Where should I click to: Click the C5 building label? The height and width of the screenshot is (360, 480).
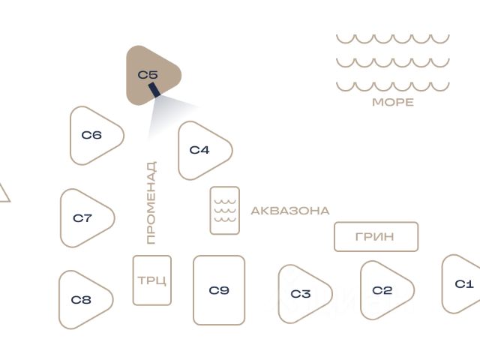coord(148,75)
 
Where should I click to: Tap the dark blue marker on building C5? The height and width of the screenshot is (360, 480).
coord(154,90)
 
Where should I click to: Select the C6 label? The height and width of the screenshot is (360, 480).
coord(91,135)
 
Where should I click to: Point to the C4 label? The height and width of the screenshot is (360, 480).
coord(199,150)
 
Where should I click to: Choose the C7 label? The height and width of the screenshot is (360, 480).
coord(82,218)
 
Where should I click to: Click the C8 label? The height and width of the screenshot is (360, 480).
coord(81,300)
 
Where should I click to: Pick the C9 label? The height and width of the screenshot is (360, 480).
coord(219,290)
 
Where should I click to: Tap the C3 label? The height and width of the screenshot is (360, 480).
coord(301,294)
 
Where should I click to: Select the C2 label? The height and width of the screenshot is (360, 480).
coord(382,290)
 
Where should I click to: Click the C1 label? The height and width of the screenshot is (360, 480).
coord(464,284)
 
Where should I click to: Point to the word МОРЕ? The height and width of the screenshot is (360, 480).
coord(393,102)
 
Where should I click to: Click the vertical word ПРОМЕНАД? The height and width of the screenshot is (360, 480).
coord(151,202)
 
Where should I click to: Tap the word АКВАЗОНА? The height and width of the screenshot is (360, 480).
coord(290,211)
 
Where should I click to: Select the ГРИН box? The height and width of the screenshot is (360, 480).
coord(376,237)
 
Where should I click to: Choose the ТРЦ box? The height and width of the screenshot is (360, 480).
coord(152,280)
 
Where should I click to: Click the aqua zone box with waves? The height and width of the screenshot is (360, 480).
coord(225,211)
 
